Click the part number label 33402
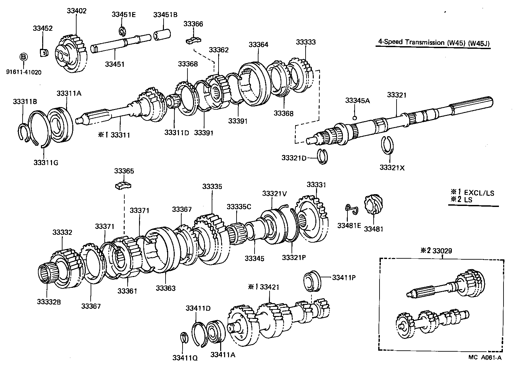point(77,10)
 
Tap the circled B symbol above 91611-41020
point(24,57)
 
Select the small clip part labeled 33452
point(43,52)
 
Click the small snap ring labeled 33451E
point(122,31)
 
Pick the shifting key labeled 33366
point(193,40)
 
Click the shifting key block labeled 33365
point(123,186)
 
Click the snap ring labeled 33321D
point(323,157)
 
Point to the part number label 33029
point(442,251)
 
